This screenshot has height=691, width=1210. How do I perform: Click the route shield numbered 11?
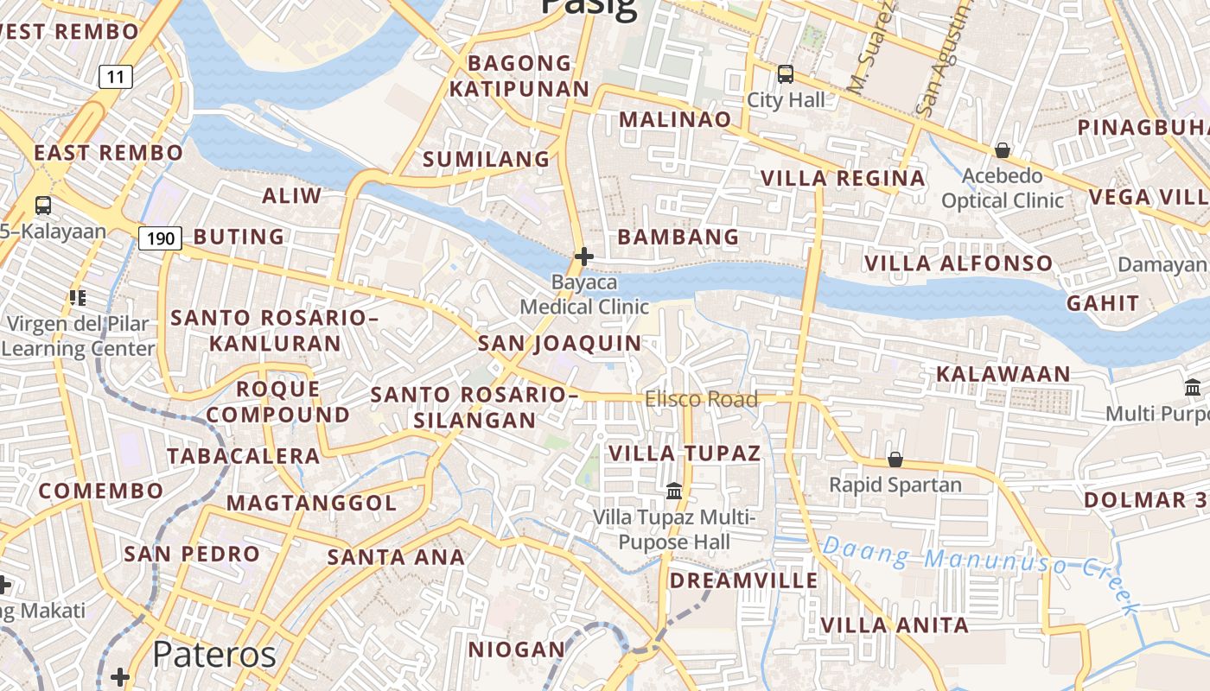pyautogui.click(x=116, y=77)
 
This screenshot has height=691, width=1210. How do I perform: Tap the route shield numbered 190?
pyautogui.click(x=160, y=238)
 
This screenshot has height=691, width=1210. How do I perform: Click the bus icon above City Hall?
pyautogui.click(x=785, y=74)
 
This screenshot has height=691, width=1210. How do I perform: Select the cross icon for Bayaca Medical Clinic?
pyautogui.click(x=584, y=257)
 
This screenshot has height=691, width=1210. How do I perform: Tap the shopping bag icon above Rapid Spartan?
pyautogui.click(x=895, y=459)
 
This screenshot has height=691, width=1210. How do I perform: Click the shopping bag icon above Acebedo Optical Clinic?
pyautogui.click(x=1003, y=150)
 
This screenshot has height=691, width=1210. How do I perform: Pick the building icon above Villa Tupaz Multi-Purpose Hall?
pyautogui.click(x=674, y=491)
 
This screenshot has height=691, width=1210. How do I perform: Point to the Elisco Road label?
pyautogui.click(x=701, y=399)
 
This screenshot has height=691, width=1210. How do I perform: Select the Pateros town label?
pyautogui.click(x=214, y=655)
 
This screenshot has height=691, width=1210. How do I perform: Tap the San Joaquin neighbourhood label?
pyautogui.click(x=560, y=343)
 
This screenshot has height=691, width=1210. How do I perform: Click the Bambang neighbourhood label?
pyautogui.click(x=678, y=237)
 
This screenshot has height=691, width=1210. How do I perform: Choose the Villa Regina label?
pyautogui.click(x=843, y=179)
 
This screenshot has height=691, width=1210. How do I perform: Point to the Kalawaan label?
pyautogui.click(x=1003, y=374)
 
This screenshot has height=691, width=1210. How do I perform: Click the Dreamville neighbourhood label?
pyautogui.click(x=743, y=580)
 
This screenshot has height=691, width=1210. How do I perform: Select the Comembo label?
pyautogui.click(x=101, y=491)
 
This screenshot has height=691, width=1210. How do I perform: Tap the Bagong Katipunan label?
pyautogui.click(x=519, y=76)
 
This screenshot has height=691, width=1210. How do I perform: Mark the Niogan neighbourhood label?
pyautogui.click(x=516, y=649)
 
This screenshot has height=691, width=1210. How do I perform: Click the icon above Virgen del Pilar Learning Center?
pyautogui.click(x=78, y=298)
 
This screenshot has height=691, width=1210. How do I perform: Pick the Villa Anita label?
pyautogui.click(x=895, y=624)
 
